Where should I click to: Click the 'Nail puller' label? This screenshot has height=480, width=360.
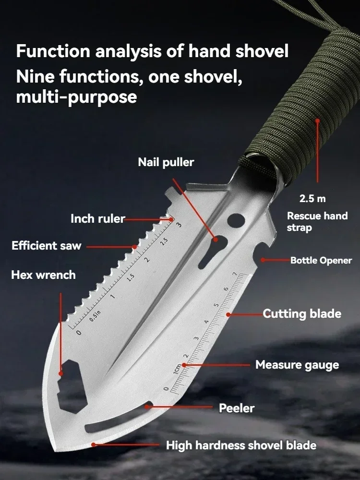click(x=166, y=162)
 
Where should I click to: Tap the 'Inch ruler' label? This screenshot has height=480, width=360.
click(x=98, y=219)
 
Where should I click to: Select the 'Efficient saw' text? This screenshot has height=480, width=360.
click(x=47, y=246)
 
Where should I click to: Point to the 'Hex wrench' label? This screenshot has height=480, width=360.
click(x=43, y=275)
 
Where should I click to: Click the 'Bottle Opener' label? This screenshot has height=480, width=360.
click(x=321, y=261)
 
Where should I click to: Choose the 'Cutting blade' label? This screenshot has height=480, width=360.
click(x=302, y=314)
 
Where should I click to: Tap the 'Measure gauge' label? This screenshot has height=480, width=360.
click(x=297, y=365)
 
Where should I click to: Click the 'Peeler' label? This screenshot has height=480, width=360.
click(x=237, y=408)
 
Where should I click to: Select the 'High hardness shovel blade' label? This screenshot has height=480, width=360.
click(x=241, y=445)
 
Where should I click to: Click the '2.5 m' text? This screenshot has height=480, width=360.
click(x=312, y=198)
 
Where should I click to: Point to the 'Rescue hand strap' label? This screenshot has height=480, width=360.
click(x=317, y=221)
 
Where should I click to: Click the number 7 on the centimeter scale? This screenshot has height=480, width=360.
click(x=234, y=274)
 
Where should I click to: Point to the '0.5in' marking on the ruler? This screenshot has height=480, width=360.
click(x=95, y=318)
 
